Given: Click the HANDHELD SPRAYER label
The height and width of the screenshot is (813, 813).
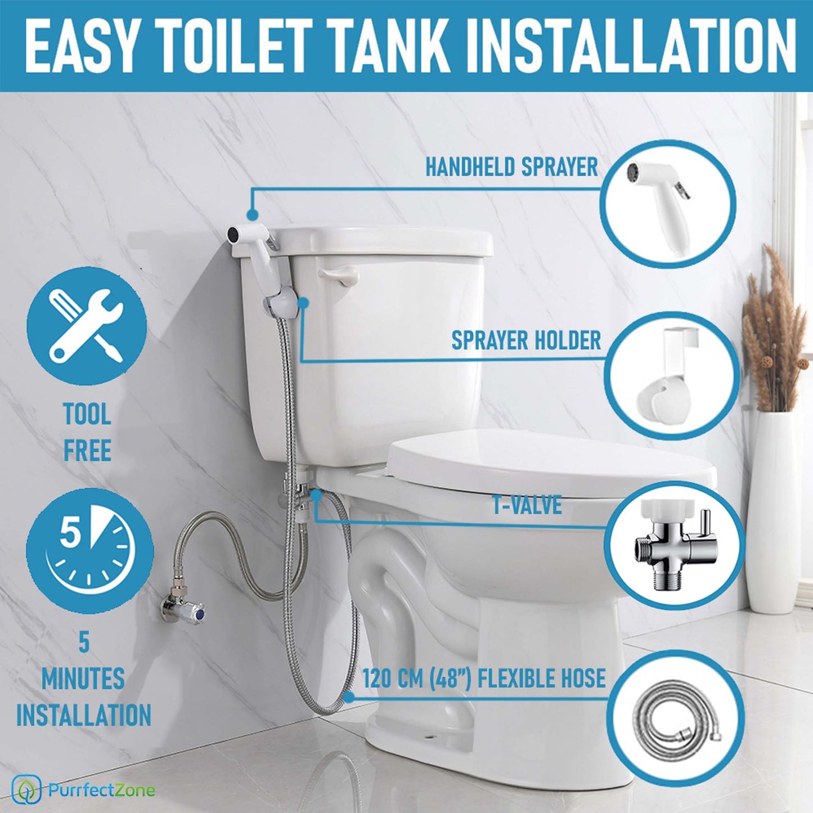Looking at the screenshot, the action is click(x=511, y=167).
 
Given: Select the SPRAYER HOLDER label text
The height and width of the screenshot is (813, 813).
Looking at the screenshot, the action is click(x=525, y=340).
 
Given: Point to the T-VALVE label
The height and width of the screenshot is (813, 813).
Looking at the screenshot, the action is click(x=527, y=505).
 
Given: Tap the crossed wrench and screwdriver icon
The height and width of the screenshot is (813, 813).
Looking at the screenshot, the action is click(x=87, y=325).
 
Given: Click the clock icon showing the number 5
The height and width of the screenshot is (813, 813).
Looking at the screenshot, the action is click(x=90, y=553).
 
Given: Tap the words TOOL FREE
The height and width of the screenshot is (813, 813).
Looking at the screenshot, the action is click(x=87, y=432).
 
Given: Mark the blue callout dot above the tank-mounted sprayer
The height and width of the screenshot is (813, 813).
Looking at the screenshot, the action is click(x=253, y=215).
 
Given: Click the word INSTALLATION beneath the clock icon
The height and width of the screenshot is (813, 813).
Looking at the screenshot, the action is click(x=83, y=715).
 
